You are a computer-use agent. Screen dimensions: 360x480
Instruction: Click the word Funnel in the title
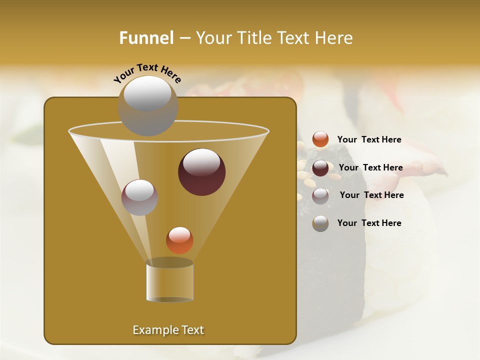point(146,38)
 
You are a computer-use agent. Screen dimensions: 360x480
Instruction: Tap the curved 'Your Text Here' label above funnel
point(147,72)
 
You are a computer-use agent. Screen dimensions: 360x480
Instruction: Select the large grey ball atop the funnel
point(147,105)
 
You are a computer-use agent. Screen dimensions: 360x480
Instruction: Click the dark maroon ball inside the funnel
point(202,171)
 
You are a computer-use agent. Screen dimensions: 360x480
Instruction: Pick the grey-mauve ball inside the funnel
point(139,197)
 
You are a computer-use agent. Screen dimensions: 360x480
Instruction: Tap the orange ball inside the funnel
point(179,240)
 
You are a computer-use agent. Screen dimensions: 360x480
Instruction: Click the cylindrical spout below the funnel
point(170,282)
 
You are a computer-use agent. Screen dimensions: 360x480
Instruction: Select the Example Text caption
point(168,330)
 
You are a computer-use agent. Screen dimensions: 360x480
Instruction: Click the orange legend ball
point(320,139)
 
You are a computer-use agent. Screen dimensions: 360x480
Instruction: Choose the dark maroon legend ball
point(320,168)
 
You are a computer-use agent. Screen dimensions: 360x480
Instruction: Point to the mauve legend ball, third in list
point(320,196)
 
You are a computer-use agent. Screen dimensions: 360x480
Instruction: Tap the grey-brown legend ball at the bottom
point(320,223)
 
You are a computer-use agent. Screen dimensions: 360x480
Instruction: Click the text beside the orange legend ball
point(369,139)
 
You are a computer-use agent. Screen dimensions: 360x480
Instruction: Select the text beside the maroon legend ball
point(370,167)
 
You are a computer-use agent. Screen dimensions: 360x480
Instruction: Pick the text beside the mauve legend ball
point(371,195)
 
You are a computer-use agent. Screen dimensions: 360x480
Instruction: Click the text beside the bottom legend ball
point(369,223)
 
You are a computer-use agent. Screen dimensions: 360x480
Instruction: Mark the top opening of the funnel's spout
point(170,262)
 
